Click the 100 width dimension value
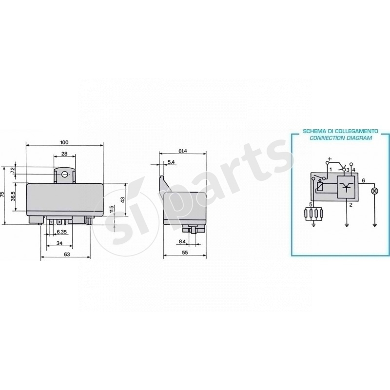click(64, 142)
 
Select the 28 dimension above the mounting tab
click(64, 154)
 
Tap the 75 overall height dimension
click(2, 194)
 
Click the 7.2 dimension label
click(13, 171)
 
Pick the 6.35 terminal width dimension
click(61, 232)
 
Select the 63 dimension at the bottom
click(67, 254)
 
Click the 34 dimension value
click(59, 243)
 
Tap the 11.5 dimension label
click(112, 210)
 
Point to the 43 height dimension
click(122, 200)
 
